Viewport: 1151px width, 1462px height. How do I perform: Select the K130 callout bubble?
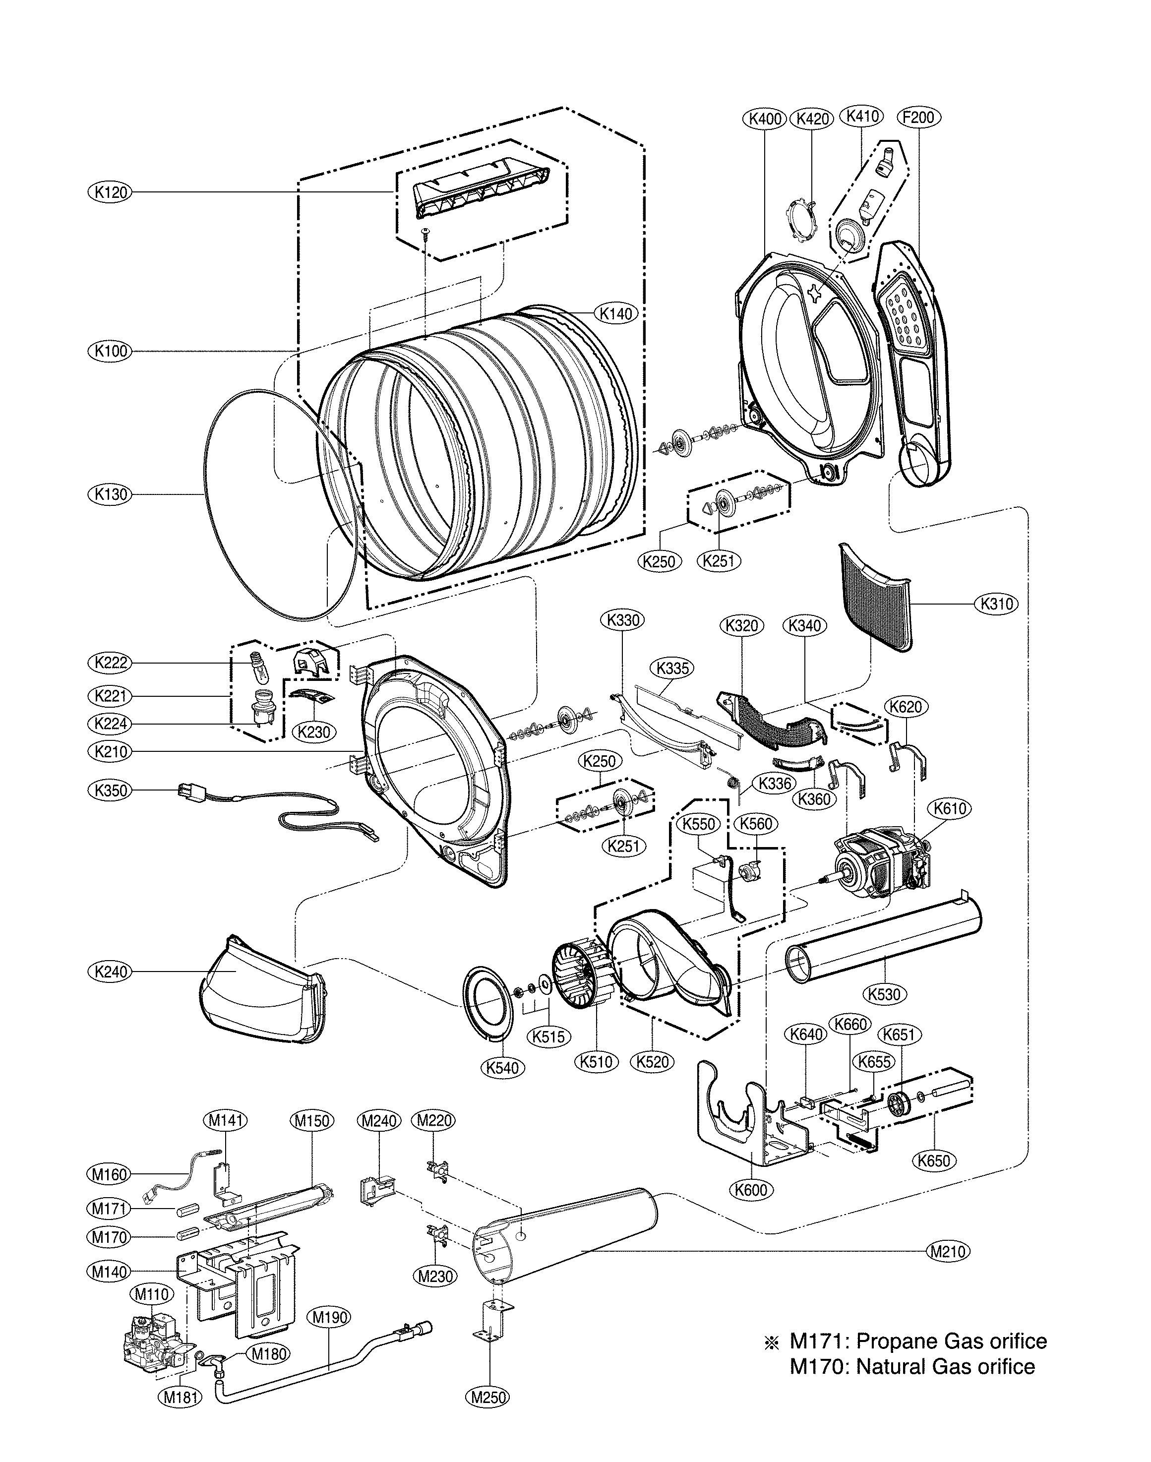(x=111, y=494)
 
